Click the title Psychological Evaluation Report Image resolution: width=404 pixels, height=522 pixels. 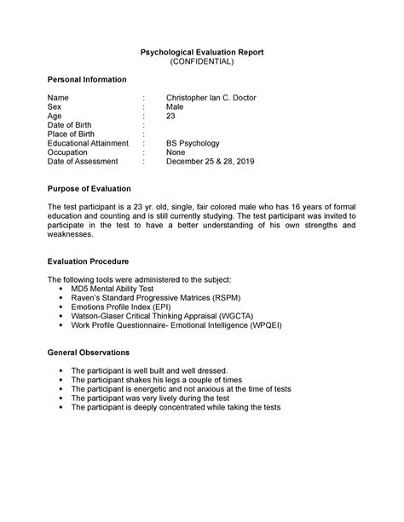pyautogui.click(x=202, y=52)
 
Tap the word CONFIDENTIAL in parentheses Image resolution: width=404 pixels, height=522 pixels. pyautogui.click(x=202, y=62)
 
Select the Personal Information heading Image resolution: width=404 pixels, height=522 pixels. pyautogui.click(x=87, y=79)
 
